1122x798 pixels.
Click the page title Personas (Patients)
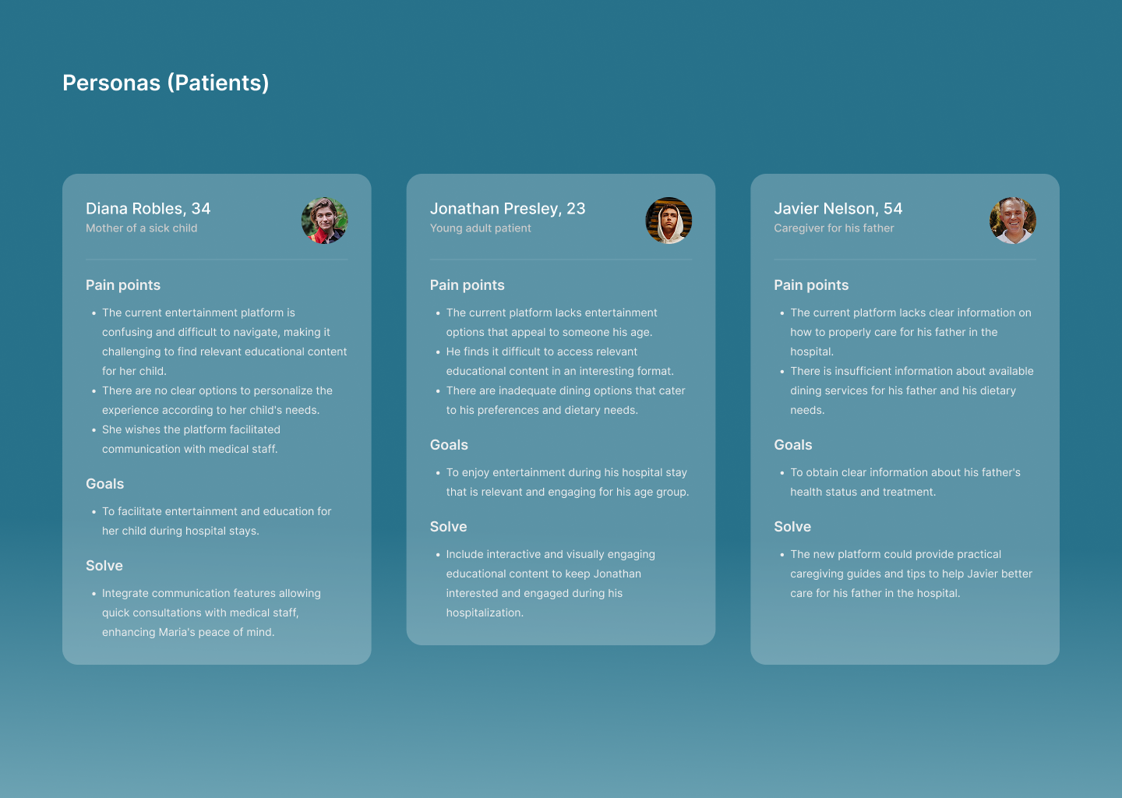[x=166, y=83]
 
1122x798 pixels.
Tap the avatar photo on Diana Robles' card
[x=325, y=221]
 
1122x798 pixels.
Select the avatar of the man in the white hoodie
[x=669, y=221]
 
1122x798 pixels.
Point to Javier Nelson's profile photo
[x=1013, y=221]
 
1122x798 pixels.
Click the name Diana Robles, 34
[x=148, y=208]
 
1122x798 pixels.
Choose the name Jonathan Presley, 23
[x=507, y=208]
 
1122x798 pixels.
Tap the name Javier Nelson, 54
[x=838, y=208]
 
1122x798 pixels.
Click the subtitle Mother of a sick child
[x=142, y=228]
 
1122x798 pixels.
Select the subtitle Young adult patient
[x=480, y=228]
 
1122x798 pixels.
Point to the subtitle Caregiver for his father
[x=834, y=228]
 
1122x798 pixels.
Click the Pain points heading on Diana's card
[x=123, y=285]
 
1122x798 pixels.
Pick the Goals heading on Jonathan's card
[x=449, y=445]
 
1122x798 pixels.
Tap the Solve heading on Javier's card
[x=792, y=527]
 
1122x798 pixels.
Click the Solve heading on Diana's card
[x=104, y=566]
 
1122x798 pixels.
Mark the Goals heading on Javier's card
[x=793, y=445]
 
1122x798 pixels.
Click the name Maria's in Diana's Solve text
[x=177, y=632]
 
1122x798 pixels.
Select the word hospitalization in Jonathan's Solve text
[x=485, y=613]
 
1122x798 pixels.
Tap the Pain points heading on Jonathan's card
[x=467, y=285]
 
